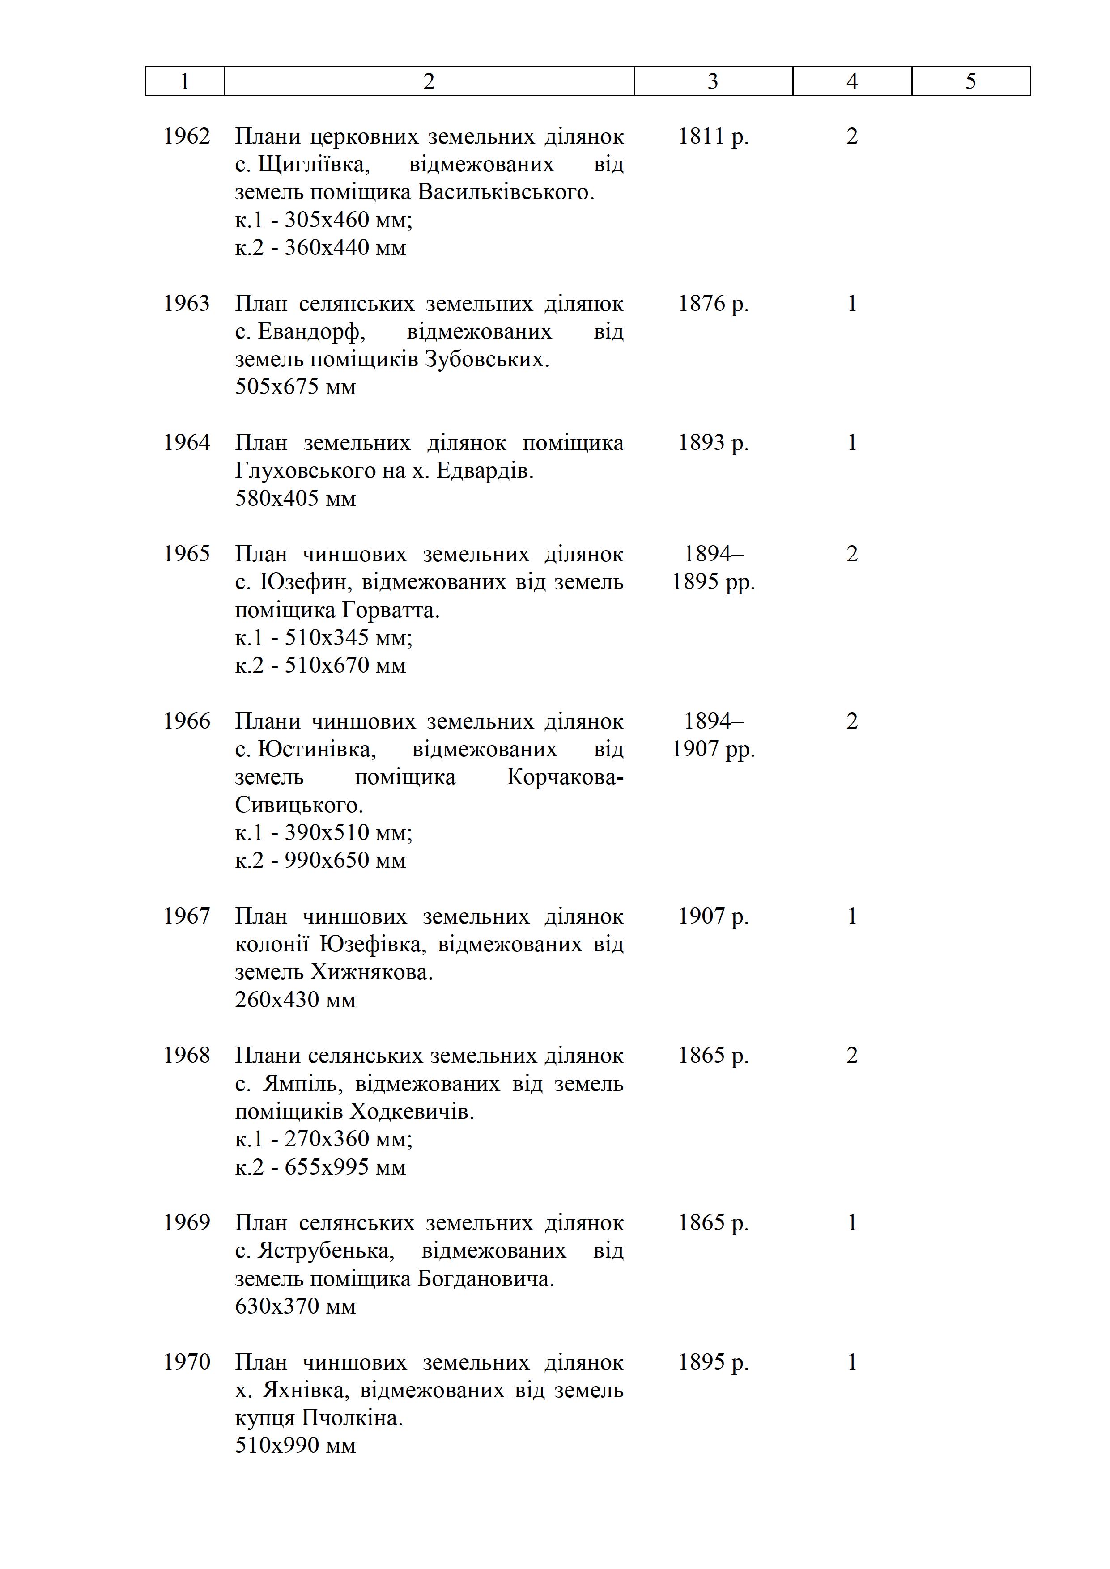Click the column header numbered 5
(970, 81)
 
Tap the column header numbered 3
(713, 81)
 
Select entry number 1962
(187, 137)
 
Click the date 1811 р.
(713, 137)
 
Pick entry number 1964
(187, 443)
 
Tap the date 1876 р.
(713, 303)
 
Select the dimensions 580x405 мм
(295, 499)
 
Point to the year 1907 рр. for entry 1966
(713, 750)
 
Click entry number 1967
(187, 916)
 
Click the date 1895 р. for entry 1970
(713, 1363)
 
